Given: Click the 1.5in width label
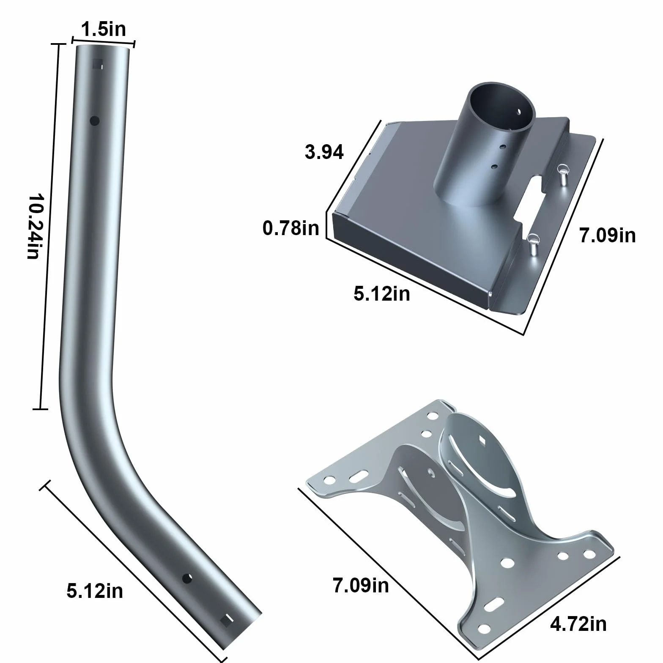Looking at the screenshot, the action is [104, 30].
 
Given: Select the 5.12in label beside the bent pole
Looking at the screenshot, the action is [95, 591].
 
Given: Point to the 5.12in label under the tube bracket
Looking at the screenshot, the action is [382, 293].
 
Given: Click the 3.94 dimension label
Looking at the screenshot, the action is [324, 152].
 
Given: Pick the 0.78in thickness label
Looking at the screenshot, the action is [291, 228].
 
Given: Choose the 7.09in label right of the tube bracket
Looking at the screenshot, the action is [608, 235].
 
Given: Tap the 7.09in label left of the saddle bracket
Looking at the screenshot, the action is [361, 586].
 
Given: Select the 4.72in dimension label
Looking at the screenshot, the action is [578, 624].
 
